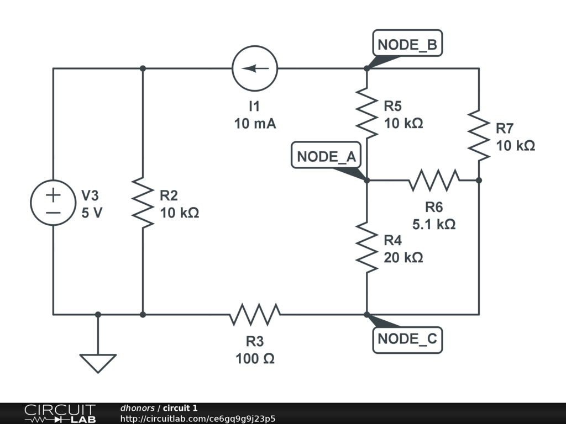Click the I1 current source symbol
click(x=254, y=68)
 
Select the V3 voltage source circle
click(x=54, y=202)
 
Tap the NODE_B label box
click(x=407, y=45)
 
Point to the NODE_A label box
click(x=326, y=156)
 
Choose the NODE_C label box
click(x=407, y=338)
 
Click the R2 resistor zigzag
click(x=143, y=202)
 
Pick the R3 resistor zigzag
click(x=255, y=314)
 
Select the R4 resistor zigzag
click(x=366, y=247)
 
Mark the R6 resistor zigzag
click(x=434, y=180)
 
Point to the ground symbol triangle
click(x=98, y=363)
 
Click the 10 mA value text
click(x=255, y=124)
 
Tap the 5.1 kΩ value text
click(x=434, y=224)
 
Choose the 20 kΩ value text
click(x=403, y=257)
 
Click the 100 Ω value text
click(x=255, y=359)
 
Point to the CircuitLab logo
click(x=60, y=413)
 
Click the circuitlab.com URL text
click(x=197, y=418)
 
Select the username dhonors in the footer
click(x=137, y=408)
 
